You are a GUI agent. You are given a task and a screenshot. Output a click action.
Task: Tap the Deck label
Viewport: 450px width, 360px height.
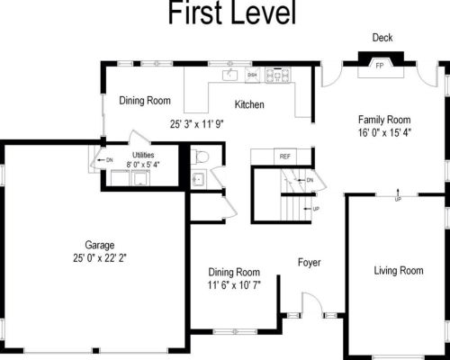pyautogui.click(x=382, y=37)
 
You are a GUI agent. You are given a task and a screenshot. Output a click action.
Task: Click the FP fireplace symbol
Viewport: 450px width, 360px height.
pyautogui.click(x=380, y=66)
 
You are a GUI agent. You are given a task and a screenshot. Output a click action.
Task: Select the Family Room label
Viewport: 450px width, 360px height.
pyautogui.click(x=384, y=119)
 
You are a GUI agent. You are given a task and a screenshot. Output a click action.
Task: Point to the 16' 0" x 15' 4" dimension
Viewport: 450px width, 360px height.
pyautogui.click(x=384, y=131)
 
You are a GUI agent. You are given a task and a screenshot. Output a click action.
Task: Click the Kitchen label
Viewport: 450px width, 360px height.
pyautogui.click(x=249, y=105)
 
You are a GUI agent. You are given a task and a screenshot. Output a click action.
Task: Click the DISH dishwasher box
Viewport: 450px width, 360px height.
pyautogui.click(x=253, y=76)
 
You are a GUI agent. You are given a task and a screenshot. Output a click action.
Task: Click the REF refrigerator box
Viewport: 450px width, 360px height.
pyautogui.click(x=285, y=157)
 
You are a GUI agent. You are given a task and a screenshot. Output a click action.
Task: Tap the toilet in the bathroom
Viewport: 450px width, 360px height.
pyautogui.click(x=201, y=158)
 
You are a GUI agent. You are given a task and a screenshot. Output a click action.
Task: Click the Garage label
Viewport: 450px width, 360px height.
pyautogui.click(x=99, y=245)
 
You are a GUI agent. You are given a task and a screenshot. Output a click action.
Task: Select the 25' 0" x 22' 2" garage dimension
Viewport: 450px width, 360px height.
pyautogui.click(x=99, y=257)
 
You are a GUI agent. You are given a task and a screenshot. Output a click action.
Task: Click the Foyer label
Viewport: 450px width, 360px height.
pyautogui.click(x=310, y=263)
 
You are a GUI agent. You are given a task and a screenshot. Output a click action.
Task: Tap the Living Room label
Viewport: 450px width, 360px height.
pyautogui.click(x=399, y=270)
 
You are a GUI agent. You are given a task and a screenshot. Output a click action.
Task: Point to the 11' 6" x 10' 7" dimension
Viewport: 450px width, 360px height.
pyautogui.click(x=234, y=285)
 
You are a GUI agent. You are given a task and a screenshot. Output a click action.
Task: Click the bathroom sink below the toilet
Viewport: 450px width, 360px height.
pyautogui.click(x=199, y=178)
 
